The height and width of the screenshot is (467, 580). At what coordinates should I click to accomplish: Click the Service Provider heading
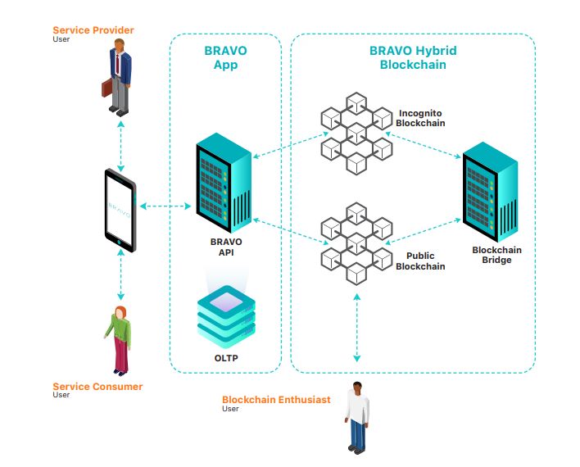click(93, 30)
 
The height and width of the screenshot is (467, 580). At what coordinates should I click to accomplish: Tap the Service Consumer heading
click(97, 387)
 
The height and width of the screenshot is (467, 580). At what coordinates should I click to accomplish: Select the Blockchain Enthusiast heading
click(276, 400)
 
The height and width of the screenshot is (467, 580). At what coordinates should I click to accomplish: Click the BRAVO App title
click(225, 57)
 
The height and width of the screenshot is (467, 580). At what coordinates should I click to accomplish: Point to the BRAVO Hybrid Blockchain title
click(413, 57)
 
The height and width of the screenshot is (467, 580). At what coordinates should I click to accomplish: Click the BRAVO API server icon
click(224, 183)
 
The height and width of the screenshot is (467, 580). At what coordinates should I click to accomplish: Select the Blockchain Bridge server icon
click(490, 192)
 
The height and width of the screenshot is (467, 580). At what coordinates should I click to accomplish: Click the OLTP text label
click(226, 358)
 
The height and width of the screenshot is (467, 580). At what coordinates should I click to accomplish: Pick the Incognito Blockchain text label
click(420, 118)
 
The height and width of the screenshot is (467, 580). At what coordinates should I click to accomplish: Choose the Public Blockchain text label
click(420, 261)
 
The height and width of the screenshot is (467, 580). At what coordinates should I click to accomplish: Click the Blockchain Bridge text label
click(496, 255)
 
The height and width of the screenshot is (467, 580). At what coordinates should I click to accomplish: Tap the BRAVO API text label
click(226, 247)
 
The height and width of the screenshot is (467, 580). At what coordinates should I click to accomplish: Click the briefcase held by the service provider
click(106, 88)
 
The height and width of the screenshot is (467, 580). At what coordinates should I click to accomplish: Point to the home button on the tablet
click(119, 243)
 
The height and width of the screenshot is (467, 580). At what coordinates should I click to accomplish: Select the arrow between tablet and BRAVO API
click(165, 206)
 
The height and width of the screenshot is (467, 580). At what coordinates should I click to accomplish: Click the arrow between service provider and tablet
click(120, 146)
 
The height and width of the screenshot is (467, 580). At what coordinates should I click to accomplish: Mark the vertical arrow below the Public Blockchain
click(356, 328)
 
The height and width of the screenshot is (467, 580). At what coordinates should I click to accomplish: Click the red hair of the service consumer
click(121, 313)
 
